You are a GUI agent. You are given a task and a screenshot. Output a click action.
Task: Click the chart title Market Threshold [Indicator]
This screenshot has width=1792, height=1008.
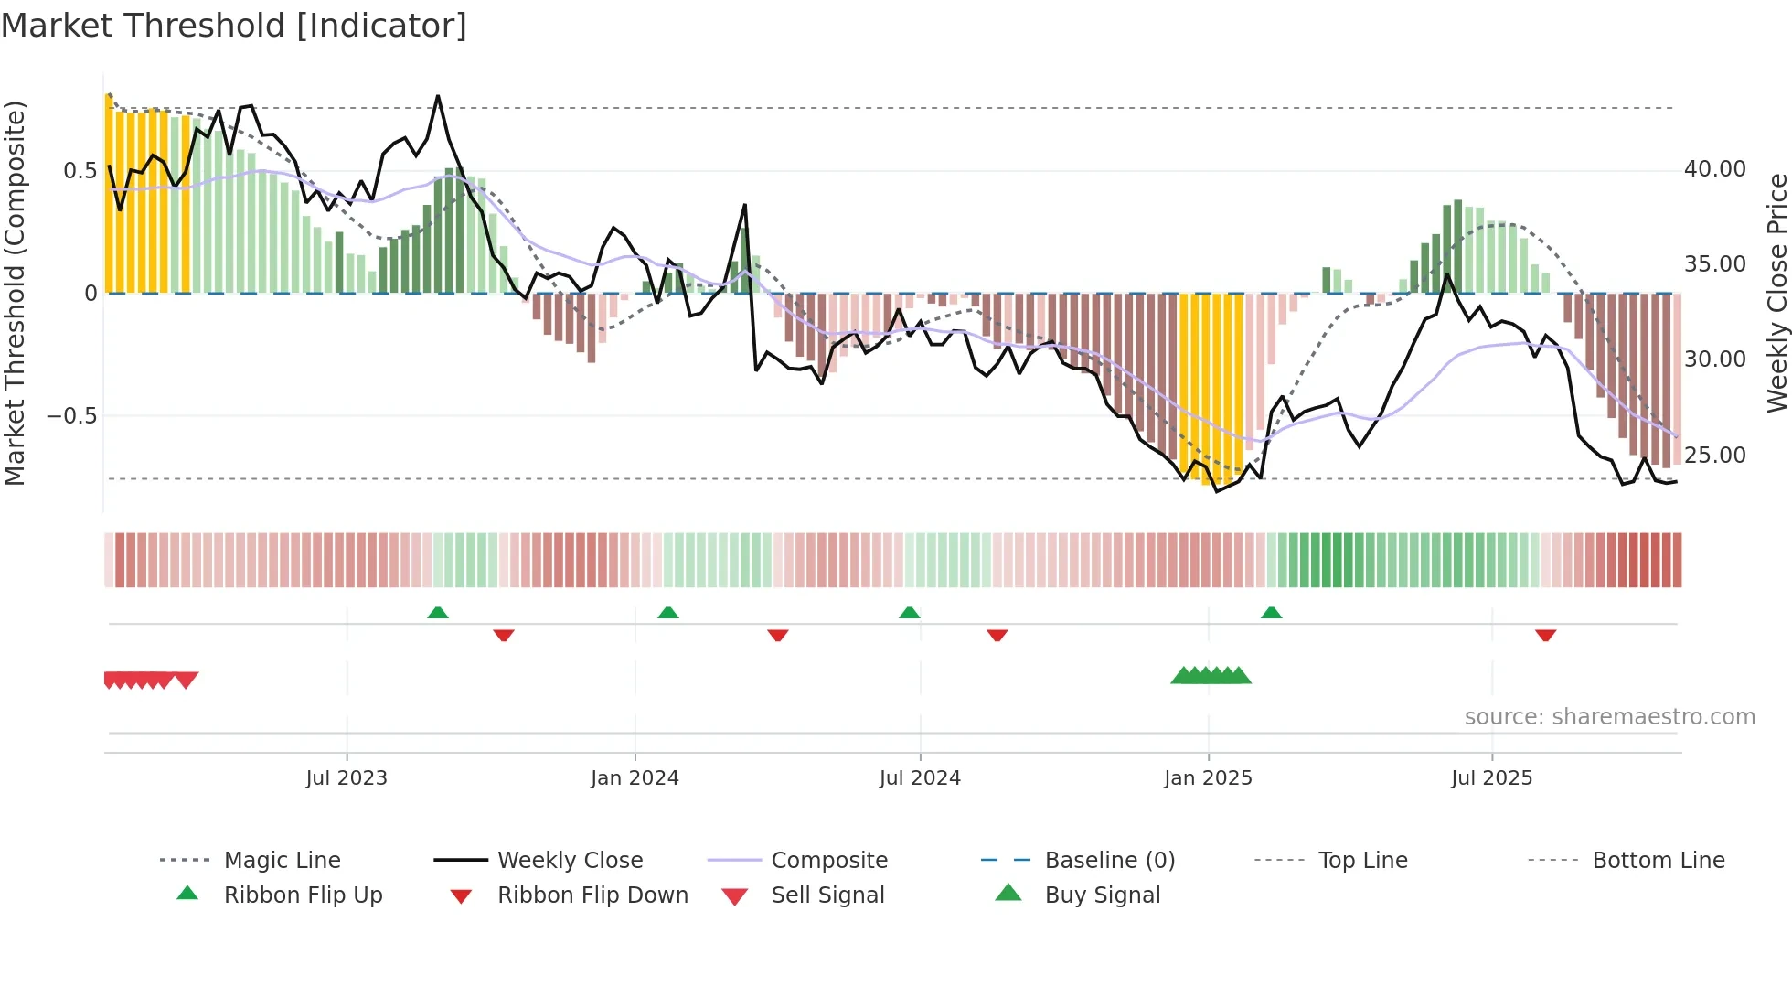(234, 26)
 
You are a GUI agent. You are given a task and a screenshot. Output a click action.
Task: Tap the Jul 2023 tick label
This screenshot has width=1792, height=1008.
(347, 778)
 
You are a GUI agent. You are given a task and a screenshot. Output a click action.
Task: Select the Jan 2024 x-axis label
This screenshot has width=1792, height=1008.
(635, 778)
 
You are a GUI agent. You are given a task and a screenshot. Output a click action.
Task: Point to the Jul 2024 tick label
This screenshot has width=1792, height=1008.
(920, 778)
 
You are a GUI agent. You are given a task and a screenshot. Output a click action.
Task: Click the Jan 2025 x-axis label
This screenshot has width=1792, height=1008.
(1208, 778)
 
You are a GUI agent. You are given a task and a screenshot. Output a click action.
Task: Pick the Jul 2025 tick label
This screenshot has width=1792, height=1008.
(1491, 778)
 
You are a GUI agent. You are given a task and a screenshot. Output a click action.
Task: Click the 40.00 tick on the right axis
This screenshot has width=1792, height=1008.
(1714, 169)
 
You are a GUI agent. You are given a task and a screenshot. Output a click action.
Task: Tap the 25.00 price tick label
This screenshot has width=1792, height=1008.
(1714, 455)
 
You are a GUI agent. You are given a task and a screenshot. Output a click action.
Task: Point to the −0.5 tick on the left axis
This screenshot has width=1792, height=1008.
(71, 416)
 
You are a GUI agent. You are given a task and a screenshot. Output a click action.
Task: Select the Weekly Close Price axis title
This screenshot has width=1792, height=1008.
(1776, 293)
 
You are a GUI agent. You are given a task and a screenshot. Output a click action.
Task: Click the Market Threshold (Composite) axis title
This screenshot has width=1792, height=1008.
(15, 293)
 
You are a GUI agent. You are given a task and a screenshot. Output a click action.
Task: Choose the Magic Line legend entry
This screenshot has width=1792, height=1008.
(282, 861)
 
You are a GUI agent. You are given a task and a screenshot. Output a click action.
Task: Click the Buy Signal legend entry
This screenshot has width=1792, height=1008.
(1102, 895)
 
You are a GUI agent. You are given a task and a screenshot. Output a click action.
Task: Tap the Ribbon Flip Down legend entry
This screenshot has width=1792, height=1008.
(592, 895)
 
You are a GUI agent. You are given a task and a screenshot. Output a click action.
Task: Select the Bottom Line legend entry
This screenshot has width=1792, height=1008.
(1658, 861)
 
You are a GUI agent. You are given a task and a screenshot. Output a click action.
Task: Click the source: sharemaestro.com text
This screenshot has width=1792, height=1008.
(1609, 717)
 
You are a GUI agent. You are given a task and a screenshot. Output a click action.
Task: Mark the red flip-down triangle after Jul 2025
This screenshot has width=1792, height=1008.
(1546, 635)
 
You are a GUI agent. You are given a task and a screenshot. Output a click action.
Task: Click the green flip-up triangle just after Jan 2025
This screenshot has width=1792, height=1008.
(1271, 613)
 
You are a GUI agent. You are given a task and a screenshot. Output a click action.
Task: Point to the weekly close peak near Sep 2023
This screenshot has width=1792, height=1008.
(438, 96)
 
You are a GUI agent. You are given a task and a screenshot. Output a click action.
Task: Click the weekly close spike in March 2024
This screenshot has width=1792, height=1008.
(745, 206)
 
